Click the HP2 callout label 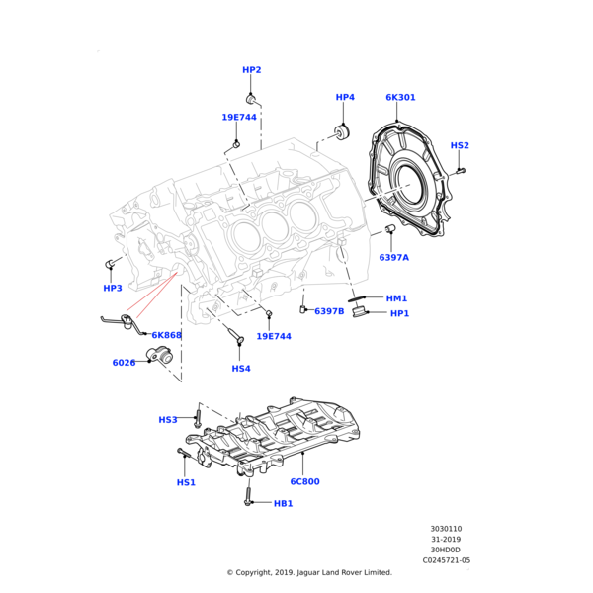(x=252, y=70)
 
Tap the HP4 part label (x=345, y=97)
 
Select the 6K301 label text (x=400, y=97)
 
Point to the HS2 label (x=460, y=145)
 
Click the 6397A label (x=393, y=257)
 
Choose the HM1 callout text (x=396, y=297)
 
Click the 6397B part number (x=329, y=311)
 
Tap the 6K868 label (x=167, y=335)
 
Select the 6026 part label (x=124, y=363)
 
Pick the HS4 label (x=241, y=369)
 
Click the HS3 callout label (x=168, y=420)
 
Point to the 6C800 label (x=304, y=482)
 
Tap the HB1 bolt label (x=284, y=503)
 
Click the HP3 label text (x=113, y=288)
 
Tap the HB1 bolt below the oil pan (x=248, y=496)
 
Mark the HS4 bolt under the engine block (x=236, y=339)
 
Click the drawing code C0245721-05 (x=447, y=560)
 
